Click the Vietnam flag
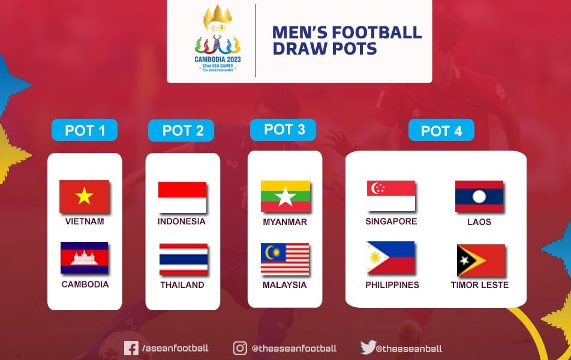pyautogui.click(x=85, y=196)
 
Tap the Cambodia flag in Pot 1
pyautogui.click(x=85, y=257)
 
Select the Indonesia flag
pyautogui.click(x=182, y=197)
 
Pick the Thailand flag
pyautogui.click(x=184, y=259)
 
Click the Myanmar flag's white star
pyautogui.click(x=285, y=196)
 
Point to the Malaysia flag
pyautogui.click(x=285, y=259)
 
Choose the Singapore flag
pyautogui.click(x=391, y=196)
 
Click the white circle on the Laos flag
pyautogui.click(x=479, y=197)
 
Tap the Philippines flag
pyautogui.click(x=391, y=257)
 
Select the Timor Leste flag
pyautogui.click(x=481, y=260)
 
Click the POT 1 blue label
pyautogui.click(x=85, y=130)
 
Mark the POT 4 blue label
pyautogui.click(x=441, y=130)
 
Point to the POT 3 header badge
pyautogui.click(x=283, y=130)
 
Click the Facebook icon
pyautogui.click(x=131, y=348)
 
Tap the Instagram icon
pyautogui.click(x=240, y=348)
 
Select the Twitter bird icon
pyautogui.click(x=368, y=347)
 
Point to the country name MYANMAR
pyautogui.click(x=285, y=222)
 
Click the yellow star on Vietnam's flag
pyautogui.click(x=84, y=196)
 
